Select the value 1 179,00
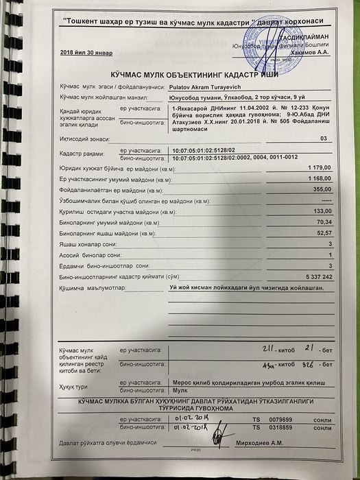(x=320, y=167)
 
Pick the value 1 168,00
(x=320, y=178)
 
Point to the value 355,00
(x=322, y=189)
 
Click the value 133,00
(x=322, y=211)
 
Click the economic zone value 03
(x=324, y=139)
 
